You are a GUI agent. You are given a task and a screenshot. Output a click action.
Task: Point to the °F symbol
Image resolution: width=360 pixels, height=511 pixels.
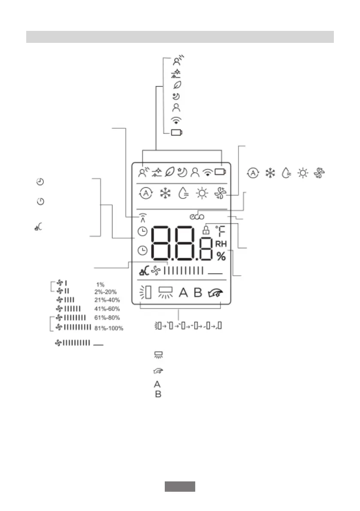[x=221, y=232]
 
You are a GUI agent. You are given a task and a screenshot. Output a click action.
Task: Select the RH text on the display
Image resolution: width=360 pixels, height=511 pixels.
[x=221, y=244]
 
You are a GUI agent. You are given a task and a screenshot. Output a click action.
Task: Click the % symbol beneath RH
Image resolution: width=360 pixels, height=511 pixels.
[x=221, y=257]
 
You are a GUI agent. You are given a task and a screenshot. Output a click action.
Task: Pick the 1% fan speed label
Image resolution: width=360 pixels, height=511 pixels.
[x=100, y=285]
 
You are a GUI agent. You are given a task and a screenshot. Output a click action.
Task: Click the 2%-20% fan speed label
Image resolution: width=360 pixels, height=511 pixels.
[x=105, y=292]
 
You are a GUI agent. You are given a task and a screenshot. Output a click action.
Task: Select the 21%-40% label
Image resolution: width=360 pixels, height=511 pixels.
[x=107, y=300]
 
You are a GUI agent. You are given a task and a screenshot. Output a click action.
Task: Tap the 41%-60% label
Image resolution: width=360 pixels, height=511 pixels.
[x=107, y=309]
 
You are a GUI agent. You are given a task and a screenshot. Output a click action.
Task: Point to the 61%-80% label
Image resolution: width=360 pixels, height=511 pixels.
[x=107, y=318]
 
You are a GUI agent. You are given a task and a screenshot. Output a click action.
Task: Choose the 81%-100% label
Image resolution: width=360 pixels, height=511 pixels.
[x=109, y=328]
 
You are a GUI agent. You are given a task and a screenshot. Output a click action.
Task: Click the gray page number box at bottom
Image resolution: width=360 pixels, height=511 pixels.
[x=180, y=487]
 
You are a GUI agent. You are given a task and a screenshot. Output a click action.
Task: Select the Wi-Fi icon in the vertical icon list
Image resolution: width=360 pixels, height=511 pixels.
[x=175, y=120]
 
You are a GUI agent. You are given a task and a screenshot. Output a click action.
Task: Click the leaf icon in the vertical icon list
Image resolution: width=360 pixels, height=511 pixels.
[x=175, y=85]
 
